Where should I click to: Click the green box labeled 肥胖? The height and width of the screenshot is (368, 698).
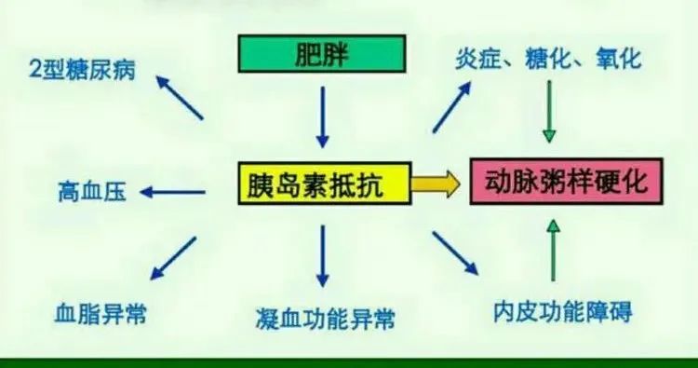coord(323,54)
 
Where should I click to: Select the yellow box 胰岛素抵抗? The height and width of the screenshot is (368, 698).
coord(323,184)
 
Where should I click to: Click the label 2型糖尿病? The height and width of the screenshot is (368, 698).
coord(82,71)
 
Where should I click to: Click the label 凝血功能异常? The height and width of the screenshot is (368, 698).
coord(323,319)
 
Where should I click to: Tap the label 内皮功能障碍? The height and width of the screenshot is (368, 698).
coord(563,311)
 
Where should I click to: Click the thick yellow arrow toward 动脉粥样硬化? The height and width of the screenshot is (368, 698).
coord(436,184)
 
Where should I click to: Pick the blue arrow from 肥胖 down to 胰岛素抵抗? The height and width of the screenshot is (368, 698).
coord(323,116)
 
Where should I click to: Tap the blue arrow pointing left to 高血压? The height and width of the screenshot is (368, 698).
coord(174,193)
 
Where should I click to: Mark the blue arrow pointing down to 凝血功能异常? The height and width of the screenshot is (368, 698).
coord(323,256)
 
